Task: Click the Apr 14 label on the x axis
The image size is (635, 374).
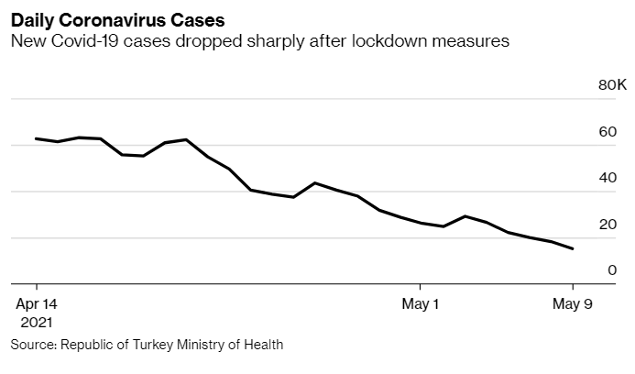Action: (36, 304)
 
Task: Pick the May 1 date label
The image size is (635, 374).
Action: (421, 304)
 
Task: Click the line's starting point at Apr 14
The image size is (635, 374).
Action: (36, 138)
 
